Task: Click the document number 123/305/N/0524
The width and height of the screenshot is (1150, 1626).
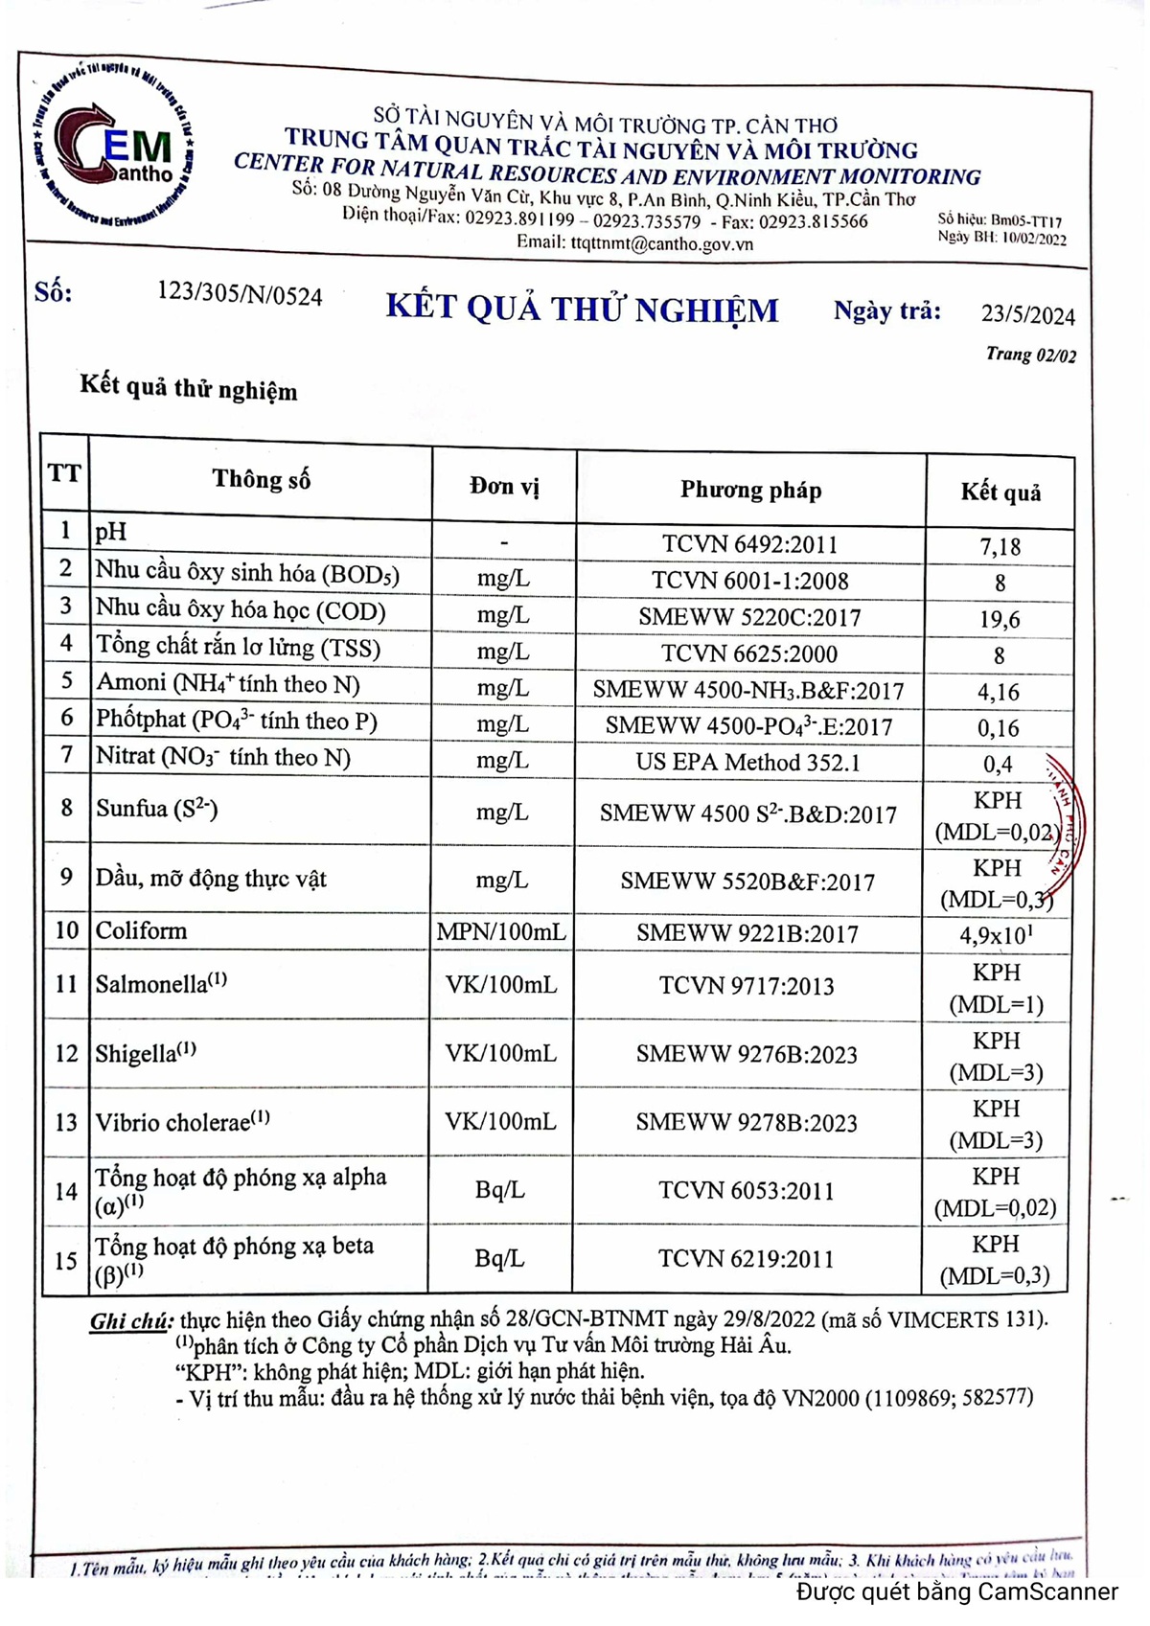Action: (240, 295)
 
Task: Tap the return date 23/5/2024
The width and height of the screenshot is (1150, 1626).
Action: (1027, 314)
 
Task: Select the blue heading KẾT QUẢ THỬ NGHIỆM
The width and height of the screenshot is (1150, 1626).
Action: (582, 309)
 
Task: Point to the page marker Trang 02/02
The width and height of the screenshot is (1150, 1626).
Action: (1030, 355)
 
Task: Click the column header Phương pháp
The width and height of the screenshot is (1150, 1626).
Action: (750, 491)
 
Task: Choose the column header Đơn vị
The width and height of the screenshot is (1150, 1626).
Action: (504, 487)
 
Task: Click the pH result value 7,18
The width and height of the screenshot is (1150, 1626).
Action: (1000, 547)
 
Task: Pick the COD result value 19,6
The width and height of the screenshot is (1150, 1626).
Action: (999, 620)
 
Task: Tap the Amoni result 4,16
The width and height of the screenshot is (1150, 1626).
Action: (998, 692)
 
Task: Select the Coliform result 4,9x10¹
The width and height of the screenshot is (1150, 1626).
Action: (996, 935)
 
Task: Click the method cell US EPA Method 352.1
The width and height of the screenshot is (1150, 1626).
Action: (747, 763)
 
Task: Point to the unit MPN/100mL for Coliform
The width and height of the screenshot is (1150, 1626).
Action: (501, 931)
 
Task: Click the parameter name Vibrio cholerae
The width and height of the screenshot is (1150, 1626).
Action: (172, 1122)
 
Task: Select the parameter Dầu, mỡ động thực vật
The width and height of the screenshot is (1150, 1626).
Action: (211, 879)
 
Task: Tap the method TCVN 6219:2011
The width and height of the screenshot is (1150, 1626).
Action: (746, 1259)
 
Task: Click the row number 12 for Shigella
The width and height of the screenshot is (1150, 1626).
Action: (66, 1054)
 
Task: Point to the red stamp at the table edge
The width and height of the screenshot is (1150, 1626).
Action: (1064, 814)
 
